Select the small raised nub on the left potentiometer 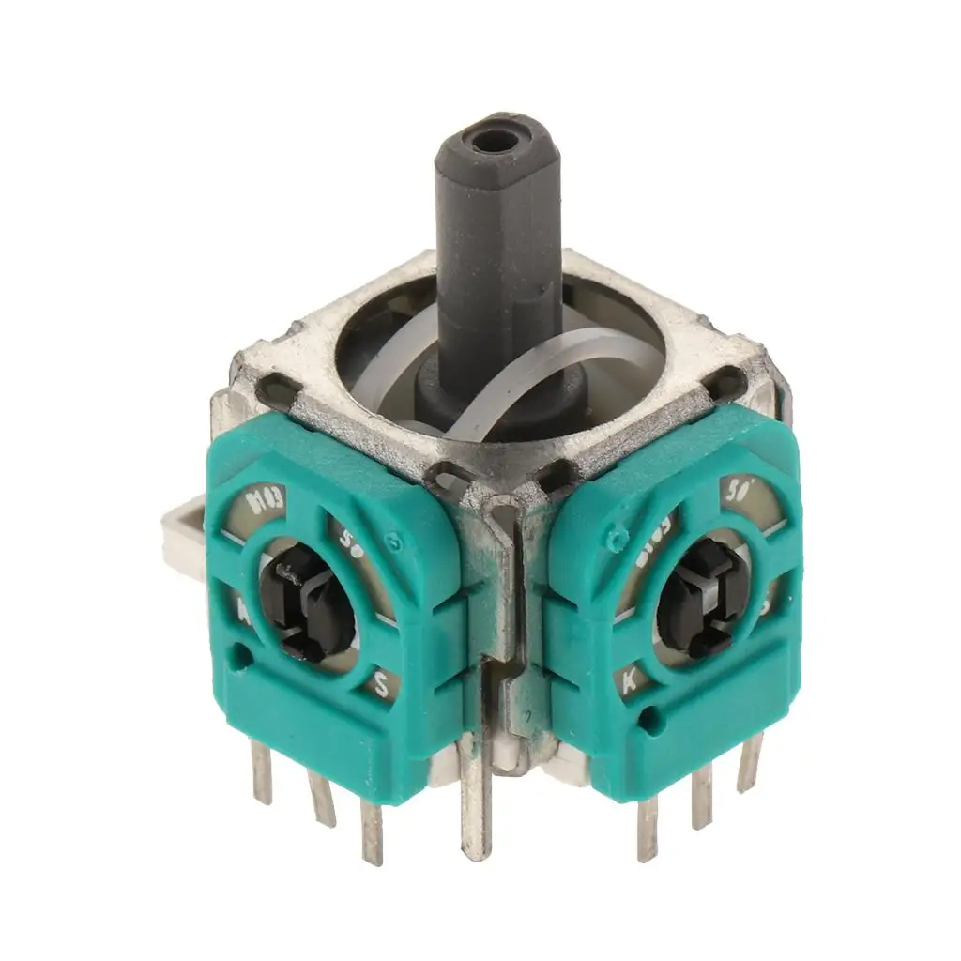(395, 542)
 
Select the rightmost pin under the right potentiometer (750, 762)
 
